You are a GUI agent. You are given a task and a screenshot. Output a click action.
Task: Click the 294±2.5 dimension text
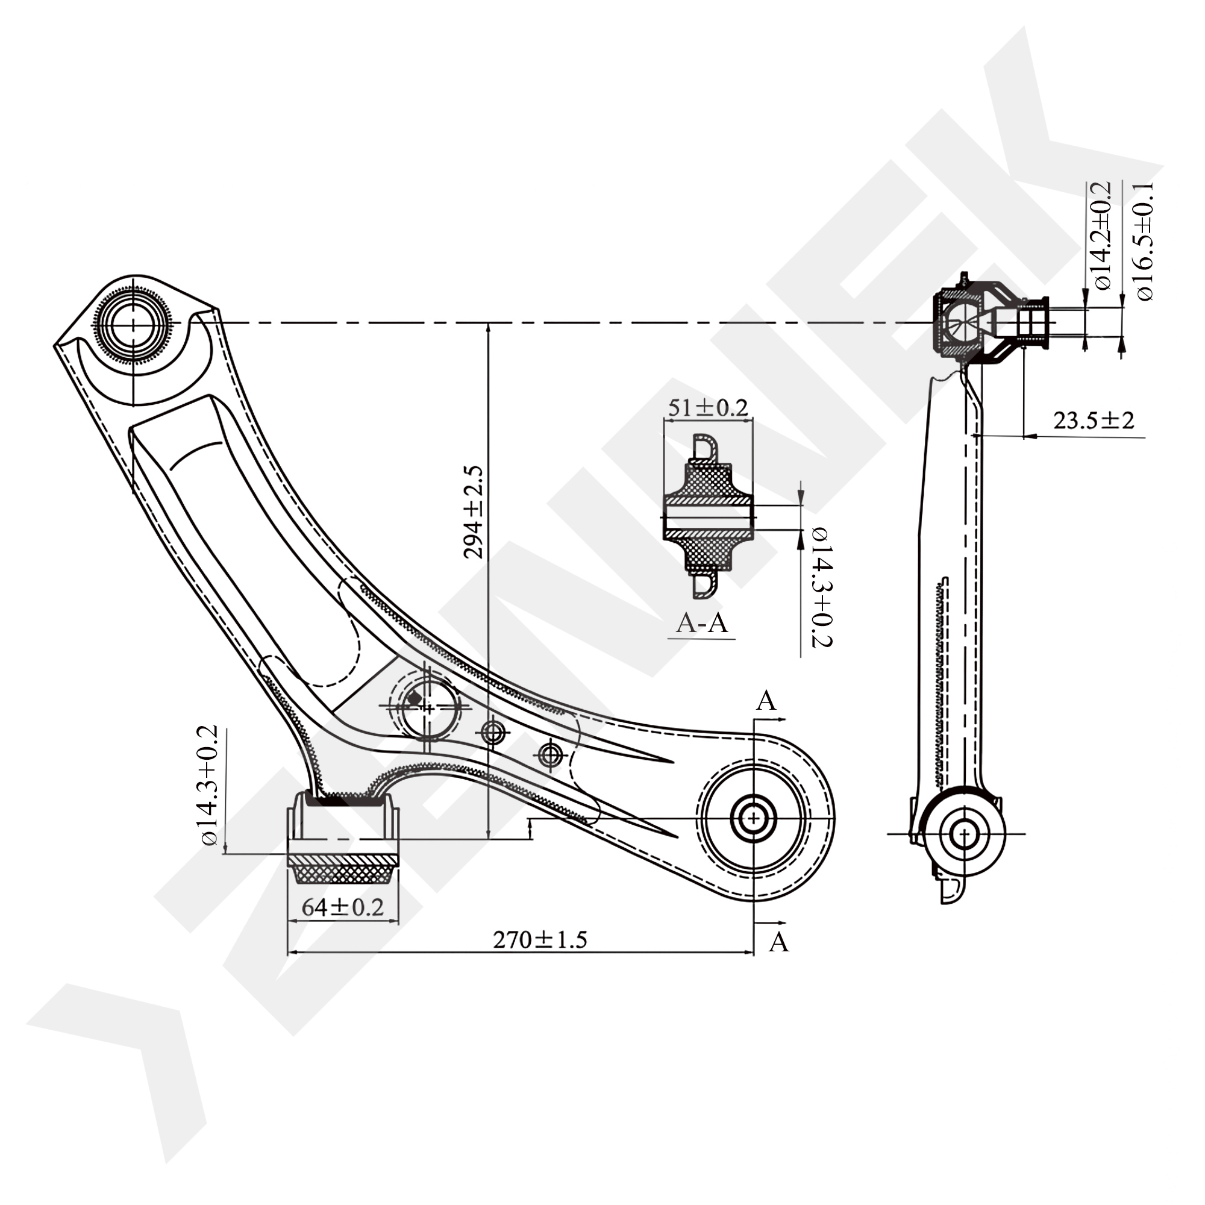coord(474,512)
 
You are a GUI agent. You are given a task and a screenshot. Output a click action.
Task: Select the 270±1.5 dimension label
coord(540,940)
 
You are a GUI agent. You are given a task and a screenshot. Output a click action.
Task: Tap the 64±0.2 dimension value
coord(342,907)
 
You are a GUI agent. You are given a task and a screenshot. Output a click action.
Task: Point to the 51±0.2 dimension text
coord(707,408)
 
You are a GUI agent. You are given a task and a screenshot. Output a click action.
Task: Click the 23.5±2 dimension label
coord(1094,421)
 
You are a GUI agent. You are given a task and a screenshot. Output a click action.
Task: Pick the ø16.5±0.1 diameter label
coord(1145,242)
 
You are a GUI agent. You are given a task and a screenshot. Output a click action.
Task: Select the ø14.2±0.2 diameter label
coord(1101,236)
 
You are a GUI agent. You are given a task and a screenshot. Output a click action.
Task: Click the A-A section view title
coord(703,622)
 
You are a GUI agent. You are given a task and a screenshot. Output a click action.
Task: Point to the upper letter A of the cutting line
coord(766,701)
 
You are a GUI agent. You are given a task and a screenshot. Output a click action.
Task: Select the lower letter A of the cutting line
coord(778,942)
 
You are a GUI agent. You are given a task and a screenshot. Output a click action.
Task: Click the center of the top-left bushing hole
coord(134,324)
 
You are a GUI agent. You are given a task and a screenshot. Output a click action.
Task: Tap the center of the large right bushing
coord(754,818)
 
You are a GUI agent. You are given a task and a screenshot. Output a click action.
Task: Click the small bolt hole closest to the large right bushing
coord(550,756)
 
